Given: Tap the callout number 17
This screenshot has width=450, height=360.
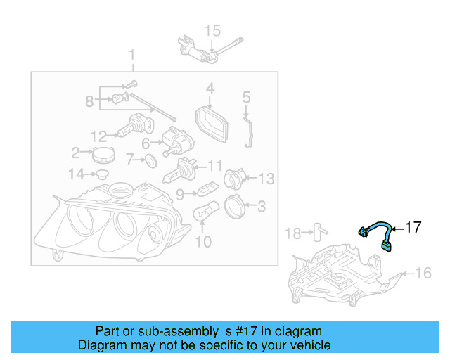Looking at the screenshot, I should coord(413,227).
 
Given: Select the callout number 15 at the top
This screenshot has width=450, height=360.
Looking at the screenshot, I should coord(212,30).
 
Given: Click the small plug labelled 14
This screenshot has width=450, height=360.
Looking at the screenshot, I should coord(101,173).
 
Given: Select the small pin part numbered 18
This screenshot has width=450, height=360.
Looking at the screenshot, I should coord(319,231).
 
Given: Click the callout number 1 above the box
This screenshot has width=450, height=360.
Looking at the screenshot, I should coord(131,55).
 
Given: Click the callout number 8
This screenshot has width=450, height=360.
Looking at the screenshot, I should coord(89,101).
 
